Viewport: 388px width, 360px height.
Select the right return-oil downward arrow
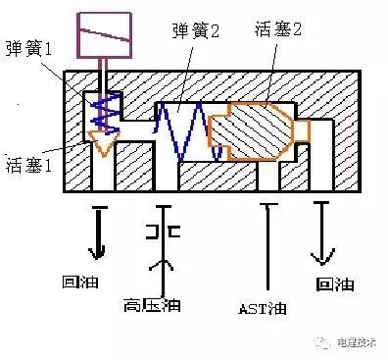tap(320, 235)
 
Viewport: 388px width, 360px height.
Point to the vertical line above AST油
tap(267, 245)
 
